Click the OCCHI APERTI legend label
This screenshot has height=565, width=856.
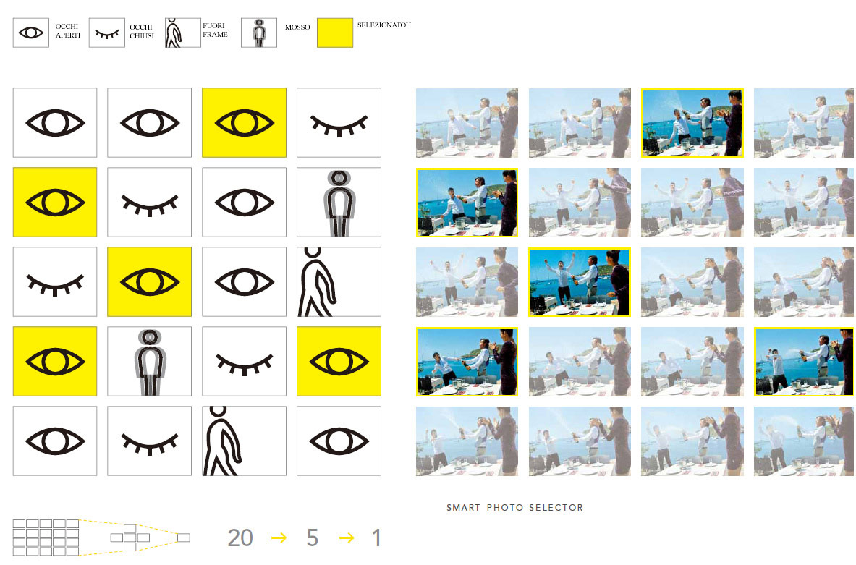[68, 30]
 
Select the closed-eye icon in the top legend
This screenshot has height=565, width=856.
[107, 33]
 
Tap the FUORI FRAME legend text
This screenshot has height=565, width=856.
[215, 30]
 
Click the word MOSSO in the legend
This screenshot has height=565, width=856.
[297, 27]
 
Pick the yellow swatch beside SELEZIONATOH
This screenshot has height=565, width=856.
[334, 33]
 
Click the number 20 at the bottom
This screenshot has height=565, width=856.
[240, 538]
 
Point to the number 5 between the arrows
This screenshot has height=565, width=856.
[313, 538]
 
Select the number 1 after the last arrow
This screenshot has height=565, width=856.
[377, 538]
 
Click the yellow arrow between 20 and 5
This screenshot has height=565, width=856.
[279, 538]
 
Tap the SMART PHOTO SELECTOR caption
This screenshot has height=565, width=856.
[514, 508]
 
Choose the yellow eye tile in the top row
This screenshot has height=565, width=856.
[244, 123]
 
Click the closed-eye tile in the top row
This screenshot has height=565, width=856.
[339, 123]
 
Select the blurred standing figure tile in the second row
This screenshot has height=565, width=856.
[339, 203]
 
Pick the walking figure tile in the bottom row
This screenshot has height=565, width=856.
[244, 441]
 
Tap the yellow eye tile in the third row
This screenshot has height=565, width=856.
[150, 281]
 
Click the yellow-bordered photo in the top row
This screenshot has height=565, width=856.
[692, 124]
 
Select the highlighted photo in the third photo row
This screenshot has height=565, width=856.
[579, 282]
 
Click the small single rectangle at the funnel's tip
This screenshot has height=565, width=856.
[184, 538]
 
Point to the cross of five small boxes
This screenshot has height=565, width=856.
[130, 538]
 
